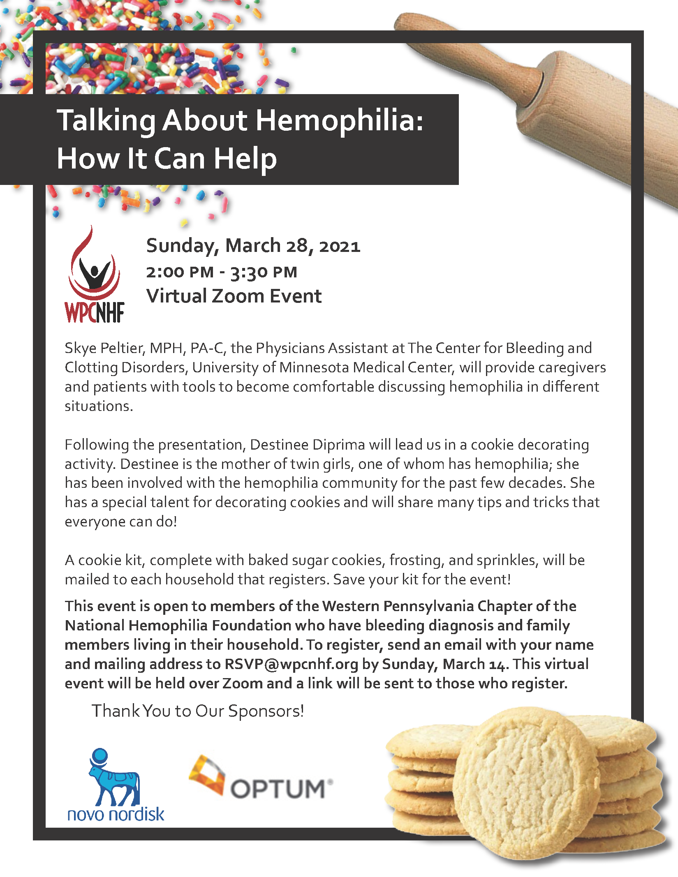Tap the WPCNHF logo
point(95,275)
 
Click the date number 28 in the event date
point(297,246)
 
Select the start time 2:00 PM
point(180,272)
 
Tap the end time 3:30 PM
point(264,272)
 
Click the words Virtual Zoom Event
point(234,296)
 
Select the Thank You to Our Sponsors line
point(198,711)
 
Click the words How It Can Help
point(167,159)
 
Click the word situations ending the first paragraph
point(99,406)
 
